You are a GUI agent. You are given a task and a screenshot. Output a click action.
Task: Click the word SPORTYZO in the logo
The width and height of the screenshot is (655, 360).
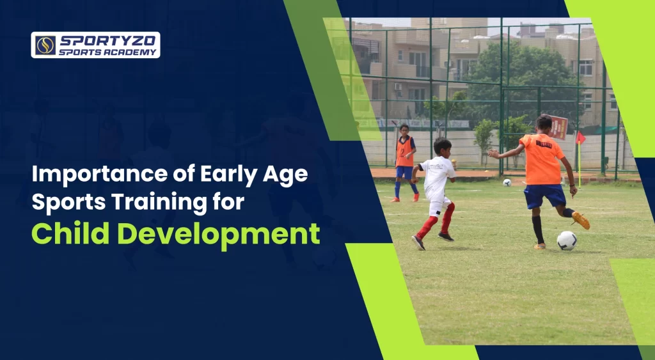107,40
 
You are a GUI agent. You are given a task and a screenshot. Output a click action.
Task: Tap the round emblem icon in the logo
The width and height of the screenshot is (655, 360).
45,45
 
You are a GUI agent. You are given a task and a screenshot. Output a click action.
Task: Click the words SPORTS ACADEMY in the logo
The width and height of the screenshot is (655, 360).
107,52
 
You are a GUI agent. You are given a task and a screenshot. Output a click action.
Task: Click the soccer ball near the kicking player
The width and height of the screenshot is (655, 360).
566,240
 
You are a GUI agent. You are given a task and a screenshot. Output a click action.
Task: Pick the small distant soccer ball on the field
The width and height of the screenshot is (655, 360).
507,182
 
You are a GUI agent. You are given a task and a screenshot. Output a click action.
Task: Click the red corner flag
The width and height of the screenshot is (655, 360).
580,138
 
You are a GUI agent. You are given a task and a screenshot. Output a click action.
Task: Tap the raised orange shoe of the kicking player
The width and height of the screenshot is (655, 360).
581,220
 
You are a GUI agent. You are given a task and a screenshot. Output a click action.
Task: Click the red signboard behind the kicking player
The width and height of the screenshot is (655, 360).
558,127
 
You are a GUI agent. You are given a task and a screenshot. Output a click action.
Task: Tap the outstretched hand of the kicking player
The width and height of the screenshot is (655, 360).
492,153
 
